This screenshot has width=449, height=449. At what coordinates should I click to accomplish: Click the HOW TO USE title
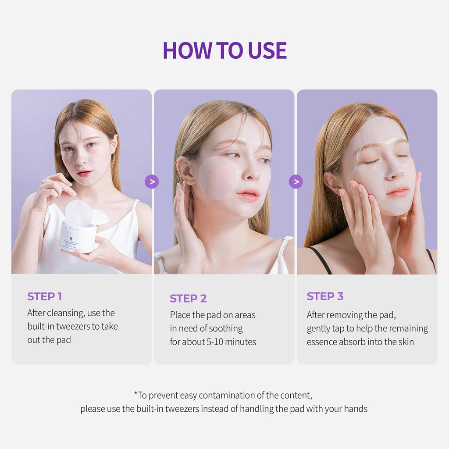click(x=224, y=50)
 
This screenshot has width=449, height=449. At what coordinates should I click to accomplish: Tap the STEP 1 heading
click(x=44, y=296)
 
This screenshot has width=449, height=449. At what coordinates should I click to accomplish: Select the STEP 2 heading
click(x=188, y=299)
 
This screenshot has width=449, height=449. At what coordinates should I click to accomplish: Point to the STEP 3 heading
click(x=325, y=296)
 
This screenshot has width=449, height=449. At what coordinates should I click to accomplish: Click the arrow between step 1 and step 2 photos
click(x=152, y=182)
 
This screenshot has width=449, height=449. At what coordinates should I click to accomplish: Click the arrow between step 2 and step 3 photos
click(x=296, y=182)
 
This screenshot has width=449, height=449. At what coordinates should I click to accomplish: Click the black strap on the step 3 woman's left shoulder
click(x=321, y=260)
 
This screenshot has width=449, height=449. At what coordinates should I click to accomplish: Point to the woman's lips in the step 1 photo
click(x=84, y=174)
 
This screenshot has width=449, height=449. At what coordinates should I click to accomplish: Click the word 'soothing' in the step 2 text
click(x=225, y=328)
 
